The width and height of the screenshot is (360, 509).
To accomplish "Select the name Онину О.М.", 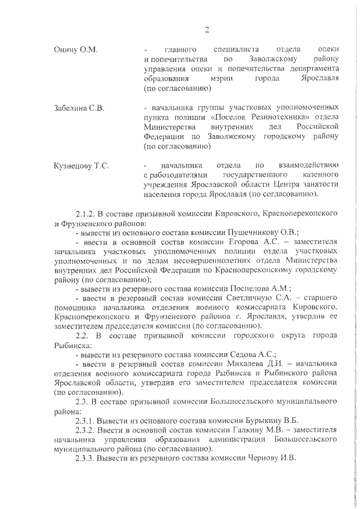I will (x=75, y=50).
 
